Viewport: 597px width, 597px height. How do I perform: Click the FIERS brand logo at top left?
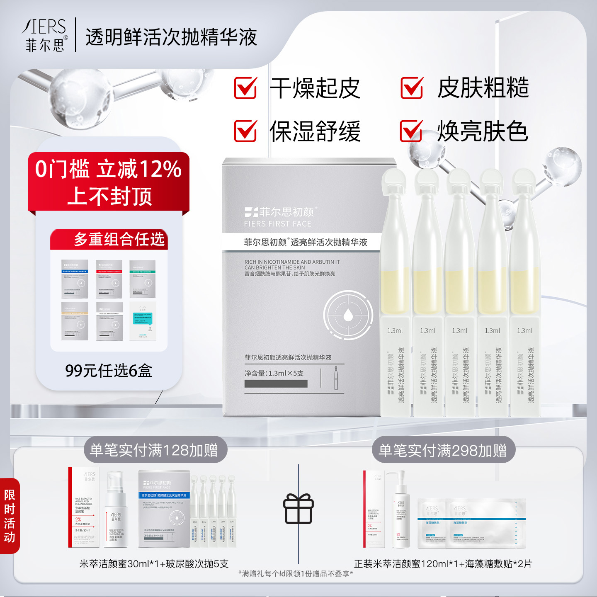pyautogui.click(x=45, y=35)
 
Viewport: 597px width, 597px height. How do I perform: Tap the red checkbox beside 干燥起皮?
pyautogui.click(x=245, y=88)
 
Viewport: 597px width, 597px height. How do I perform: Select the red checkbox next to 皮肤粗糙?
pyautogui.click(x=412, y=88)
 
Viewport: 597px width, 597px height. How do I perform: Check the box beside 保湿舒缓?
pyautogui.click(x=245, y=131)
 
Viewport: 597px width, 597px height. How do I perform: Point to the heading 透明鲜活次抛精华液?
pyautogui.click(x=171, y=37)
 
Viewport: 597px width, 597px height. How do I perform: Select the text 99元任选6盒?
pyautogui.click(x=109, y=370)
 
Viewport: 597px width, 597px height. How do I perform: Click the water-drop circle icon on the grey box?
pyautogui.click(x=347, y=315)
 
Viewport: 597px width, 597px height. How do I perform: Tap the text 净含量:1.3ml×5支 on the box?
pyautogui.click(x=274, y=373)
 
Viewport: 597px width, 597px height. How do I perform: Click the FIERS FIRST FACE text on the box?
pyautogui.click(x=277, y=224)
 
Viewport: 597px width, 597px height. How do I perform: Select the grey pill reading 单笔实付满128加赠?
pyautogui.click(x=154, y=450)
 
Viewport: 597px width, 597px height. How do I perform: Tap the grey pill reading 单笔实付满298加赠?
pyautogui.click(x=443, y=450)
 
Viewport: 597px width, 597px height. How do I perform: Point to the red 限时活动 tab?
pyautogui.click(x=10, y=516)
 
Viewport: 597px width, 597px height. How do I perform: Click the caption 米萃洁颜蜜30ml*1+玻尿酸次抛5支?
pyautogui.click(x=154, y=564)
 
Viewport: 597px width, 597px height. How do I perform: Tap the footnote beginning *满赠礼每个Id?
pyautogui.click(x=296, y=574)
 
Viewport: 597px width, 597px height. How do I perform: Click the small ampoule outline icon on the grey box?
pyautogui.click(x=336, y=378)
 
